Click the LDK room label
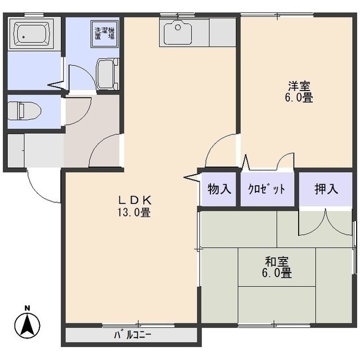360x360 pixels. pyautogui.click(x=134, y=200)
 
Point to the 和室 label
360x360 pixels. pyautogui.click(x=278, y=262)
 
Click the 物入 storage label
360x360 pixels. pyautogui.click(x=219, y=188)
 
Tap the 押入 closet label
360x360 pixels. pyautogui.click(x=326, y=188)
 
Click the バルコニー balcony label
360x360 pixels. pyautogui.click(x=133, y=335)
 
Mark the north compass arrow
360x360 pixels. pyautogui.click(x=27, y=324)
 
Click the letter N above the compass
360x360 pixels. pyautogui.click(x=27, y=308)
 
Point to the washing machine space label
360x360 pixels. pyautogui.click(x=105, y=33)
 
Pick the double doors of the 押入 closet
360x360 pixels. pyautogui.click(x=325, y=222)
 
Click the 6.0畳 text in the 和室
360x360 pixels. pyautogui.click(x=278, y=274)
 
